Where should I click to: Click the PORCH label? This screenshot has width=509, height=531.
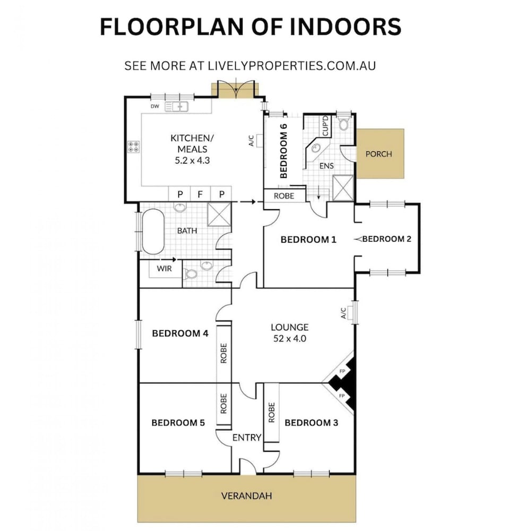pos(378,154)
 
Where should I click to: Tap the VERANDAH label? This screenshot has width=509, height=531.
pos(246,496)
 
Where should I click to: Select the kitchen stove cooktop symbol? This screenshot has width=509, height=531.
pos(133,147)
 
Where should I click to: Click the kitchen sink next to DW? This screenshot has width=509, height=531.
pos(176,107)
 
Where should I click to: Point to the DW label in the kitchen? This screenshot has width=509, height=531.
pos(154,106)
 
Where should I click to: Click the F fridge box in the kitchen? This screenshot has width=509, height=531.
pos(200,194)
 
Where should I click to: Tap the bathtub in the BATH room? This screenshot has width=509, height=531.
pos(153,232)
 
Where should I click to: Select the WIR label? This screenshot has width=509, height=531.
pos(164,269)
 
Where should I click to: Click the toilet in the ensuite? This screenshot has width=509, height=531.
pos(343,123)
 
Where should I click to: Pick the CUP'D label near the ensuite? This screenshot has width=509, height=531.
pos(325,126)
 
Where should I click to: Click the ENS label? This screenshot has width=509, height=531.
pos(326,166)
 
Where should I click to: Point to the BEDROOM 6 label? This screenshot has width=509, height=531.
pos(283,151)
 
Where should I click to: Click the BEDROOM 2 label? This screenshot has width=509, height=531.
pos(387,239)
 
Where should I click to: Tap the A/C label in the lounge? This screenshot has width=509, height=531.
pos(343,313)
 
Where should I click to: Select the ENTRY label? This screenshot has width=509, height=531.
pos(247,438)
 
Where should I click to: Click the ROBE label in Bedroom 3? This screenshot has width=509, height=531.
pos(271,413)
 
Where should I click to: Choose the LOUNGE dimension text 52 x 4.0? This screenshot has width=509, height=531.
pos(290,339)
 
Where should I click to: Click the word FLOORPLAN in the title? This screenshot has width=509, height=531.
pos(172,27)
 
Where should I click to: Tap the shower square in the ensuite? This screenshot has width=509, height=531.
pos(343,188)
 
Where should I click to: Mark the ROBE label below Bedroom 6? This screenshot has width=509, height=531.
pos(284,196)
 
